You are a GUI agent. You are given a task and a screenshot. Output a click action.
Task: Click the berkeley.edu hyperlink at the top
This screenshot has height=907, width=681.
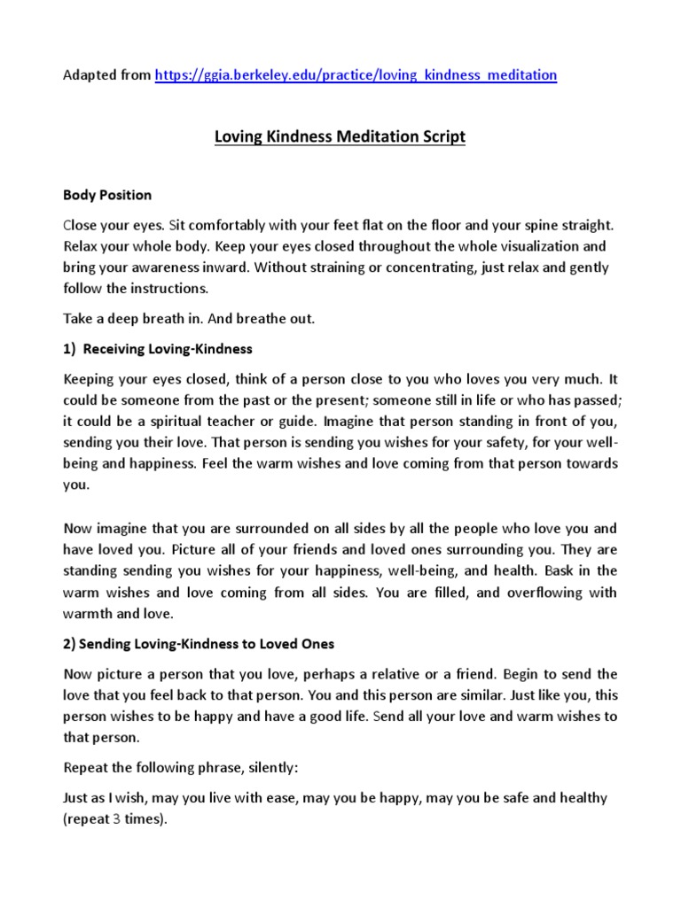pos(356,75)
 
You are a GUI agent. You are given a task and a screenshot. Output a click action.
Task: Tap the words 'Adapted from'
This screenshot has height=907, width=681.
pos(106,75)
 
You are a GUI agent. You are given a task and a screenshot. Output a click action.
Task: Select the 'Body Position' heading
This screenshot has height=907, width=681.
pos(107,195)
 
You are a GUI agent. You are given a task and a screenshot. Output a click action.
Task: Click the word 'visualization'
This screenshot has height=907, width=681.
pos(524,246)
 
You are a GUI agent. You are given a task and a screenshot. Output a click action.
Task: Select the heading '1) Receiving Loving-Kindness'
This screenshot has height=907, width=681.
pos(157,349)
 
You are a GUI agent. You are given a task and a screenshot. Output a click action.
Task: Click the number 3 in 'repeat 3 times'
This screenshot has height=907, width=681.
pos(116,819)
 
